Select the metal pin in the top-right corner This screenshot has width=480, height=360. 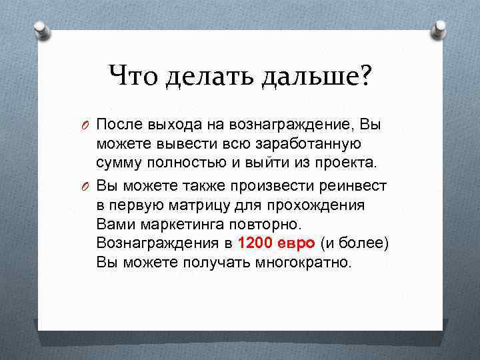[439, 29]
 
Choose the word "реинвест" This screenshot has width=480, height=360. [354, 185]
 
